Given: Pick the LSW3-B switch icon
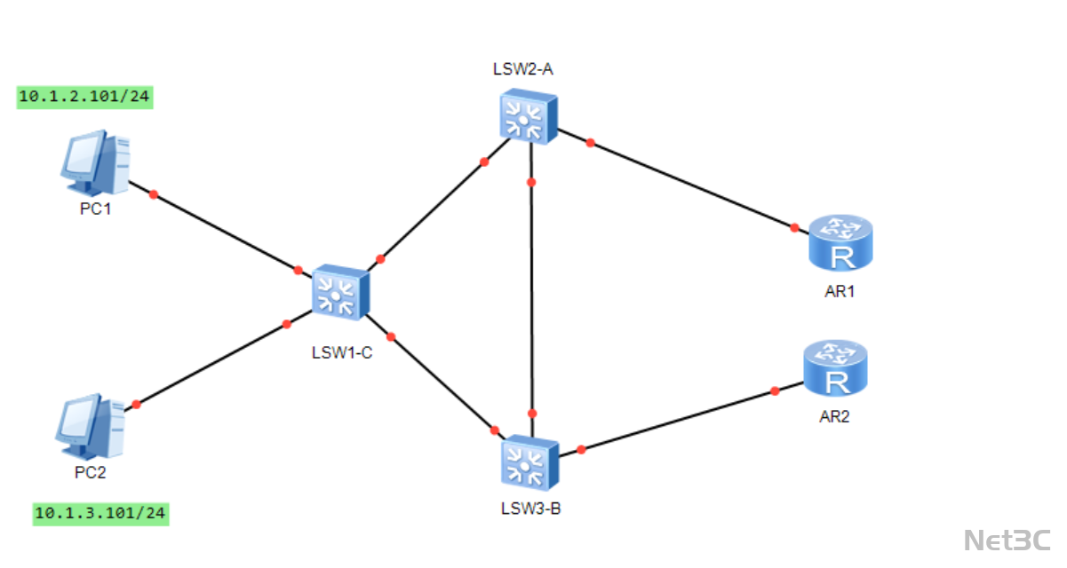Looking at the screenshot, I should tap(530, 462).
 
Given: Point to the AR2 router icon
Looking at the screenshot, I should tap(835, 368).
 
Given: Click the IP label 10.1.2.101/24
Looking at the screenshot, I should tap(84, 97).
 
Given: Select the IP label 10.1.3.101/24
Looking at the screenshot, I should tap(100, 513).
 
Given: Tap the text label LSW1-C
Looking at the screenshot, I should tap(341, 352).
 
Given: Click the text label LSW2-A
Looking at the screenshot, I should tap(523, 69).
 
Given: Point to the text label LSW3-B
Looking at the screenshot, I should tap(530, 509).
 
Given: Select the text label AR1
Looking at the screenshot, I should tap(840, 290).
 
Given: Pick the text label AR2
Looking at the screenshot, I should tap(834, 416).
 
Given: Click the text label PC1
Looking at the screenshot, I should tap(92, 210).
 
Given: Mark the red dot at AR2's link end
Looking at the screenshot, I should tap(775, 390).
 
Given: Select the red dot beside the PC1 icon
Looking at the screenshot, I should tap(154, 193).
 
